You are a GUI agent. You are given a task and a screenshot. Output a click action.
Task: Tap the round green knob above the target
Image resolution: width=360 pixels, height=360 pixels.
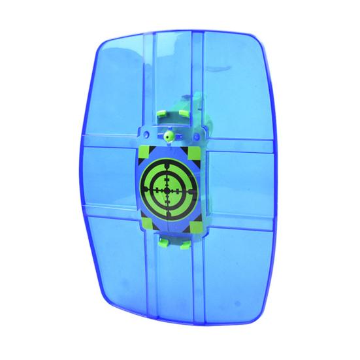pyautogui.click(x=168, y=137)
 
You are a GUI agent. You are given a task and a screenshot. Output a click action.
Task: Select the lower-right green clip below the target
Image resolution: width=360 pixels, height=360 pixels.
pyautogui.click(x=186, y=244)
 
